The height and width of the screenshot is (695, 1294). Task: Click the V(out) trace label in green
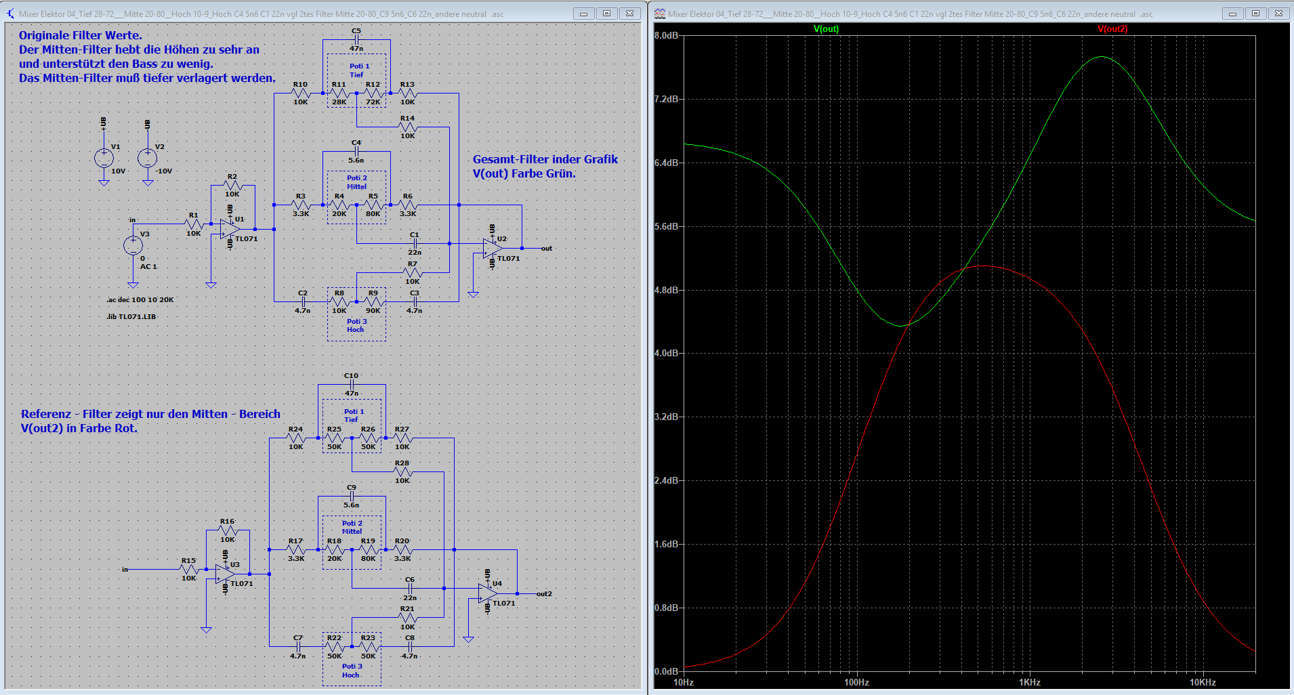coord(826,29)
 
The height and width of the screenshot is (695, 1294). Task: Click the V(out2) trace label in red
coord(1112,29)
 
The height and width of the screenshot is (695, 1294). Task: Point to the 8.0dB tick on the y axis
coord(667,35)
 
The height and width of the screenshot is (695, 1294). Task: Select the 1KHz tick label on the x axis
coord(1029,682)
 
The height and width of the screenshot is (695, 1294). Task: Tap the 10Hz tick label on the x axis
coord(684,682)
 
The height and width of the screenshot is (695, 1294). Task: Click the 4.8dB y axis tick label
coord(667,290)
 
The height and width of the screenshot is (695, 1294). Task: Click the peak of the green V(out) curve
coord(1102,57)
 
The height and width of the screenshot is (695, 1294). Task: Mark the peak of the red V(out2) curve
coord(982,266)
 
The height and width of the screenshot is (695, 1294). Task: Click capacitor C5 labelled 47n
coord(356,40)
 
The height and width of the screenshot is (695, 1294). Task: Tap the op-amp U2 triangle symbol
coord(493,249)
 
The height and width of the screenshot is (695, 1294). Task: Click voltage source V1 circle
coord(104,158)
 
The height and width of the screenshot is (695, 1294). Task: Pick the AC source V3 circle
coord(133,245)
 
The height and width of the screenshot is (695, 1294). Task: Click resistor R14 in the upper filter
coord(407,127)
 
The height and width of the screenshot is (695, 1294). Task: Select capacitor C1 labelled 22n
coord(415,243)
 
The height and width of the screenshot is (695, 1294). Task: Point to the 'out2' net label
coord(544,594)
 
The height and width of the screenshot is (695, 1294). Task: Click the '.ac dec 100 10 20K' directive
coord(140,299)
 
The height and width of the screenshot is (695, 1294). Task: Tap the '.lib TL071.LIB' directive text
coord(131,316)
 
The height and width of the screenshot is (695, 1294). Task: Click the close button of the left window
coord(629,14)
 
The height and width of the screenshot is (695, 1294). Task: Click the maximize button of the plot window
coord(1255,14)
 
